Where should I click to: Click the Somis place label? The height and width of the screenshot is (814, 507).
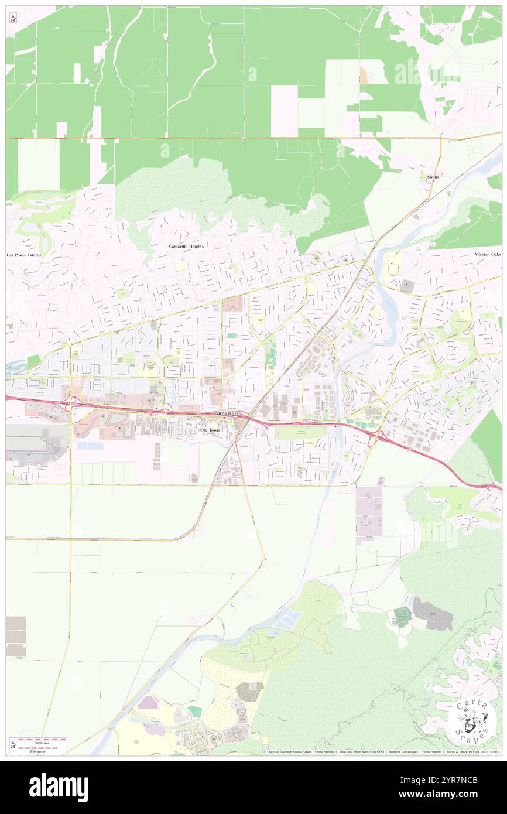point(433,176)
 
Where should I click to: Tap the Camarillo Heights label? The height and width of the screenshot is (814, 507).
point(186,247)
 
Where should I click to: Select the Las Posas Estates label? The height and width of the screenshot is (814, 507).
point(23,255)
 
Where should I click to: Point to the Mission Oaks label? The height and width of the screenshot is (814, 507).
point(488,254)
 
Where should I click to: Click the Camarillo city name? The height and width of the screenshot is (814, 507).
point(225,413)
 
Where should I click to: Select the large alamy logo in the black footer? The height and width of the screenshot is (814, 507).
point(59,787)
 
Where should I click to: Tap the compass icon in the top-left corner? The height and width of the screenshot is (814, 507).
point(13,18)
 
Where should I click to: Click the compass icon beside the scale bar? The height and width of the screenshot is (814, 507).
point(13,744)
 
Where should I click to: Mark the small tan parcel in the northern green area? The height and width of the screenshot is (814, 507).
point(364,75)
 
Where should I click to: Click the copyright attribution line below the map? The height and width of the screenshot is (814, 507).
point(381,751)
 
